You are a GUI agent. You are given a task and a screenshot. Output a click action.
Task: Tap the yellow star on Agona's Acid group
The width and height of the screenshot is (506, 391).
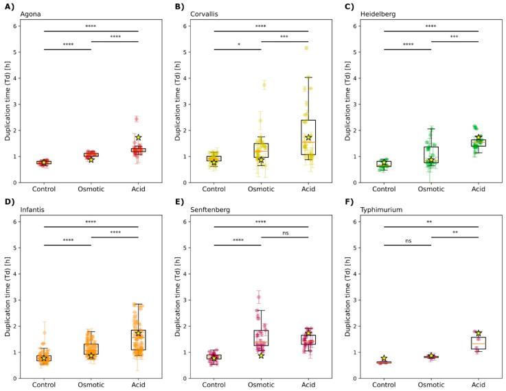(x=138, y=137)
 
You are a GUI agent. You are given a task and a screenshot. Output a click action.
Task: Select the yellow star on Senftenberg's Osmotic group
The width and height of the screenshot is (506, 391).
(x=261, y=355)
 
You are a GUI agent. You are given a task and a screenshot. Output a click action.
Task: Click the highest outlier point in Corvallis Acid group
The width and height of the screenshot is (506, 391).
(x=306, y=48)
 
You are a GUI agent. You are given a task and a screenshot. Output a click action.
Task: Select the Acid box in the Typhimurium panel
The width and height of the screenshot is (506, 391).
(x=478, y=342)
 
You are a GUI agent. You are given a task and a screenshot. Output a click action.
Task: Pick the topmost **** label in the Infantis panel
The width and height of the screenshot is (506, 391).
(x=91, y=222)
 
